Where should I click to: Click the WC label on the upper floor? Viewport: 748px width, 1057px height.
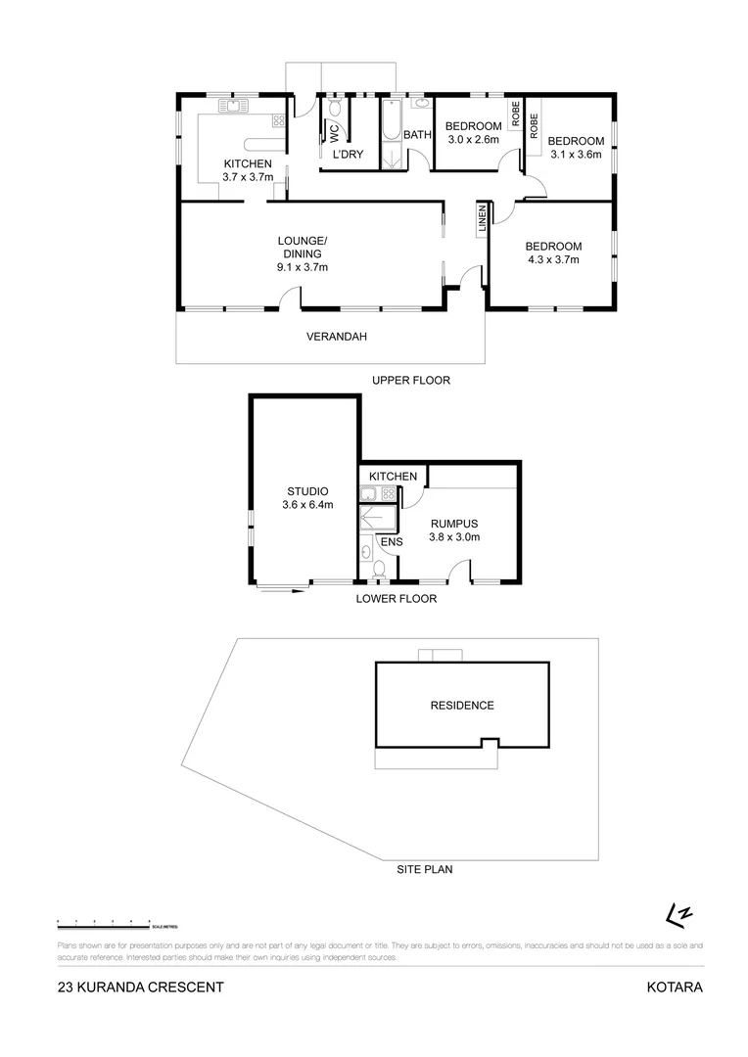[x=333, y=129]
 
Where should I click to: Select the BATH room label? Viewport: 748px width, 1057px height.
[x=418, y=135]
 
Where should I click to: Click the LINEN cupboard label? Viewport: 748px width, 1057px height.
[x=482, y=220]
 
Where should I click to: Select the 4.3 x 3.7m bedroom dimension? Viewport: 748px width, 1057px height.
[x=553, y=259]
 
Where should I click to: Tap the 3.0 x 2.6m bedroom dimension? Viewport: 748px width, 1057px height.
[x=473, y=139]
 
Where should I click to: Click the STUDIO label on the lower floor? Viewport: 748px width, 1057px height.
[x=307, y=491]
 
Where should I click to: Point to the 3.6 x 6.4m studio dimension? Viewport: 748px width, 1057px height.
[x=307, y=505]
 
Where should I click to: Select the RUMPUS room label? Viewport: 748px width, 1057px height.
[x=455, y=523]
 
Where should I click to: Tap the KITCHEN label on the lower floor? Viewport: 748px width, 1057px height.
[x=393, y=477]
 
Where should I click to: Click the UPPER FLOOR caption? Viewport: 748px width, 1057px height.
[x=410, y=380]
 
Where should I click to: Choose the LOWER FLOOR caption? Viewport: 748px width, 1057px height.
[x=396, y=598]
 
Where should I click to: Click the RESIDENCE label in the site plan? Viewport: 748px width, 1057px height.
[x=462, y=705]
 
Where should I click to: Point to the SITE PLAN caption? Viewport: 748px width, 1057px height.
[x=424, y=868]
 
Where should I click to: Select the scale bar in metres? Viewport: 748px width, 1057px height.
[x=104, y=922]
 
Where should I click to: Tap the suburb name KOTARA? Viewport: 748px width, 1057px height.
[x=675, y=987]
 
